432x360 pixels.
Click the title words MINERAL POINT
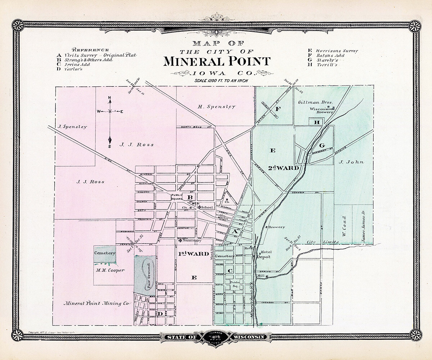217,61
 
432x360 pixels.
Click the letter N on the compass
110,98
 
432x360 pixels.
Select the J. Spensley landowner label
72,127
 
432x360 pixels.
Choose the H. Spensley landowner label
217,107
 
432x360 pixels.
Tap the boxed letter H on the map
317,122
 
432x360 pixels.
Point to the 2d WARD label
284,168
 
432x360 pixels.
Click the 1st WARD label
193,254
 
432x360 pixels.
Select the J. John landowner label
352,162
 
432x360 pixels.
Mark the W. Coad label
344,226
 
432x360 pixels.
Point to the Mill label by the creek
261,276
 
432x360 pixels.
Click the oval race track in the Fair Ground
148,275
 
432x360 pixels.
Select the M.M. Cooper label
110,270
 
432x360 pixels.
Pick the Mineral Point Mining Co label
96,303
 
